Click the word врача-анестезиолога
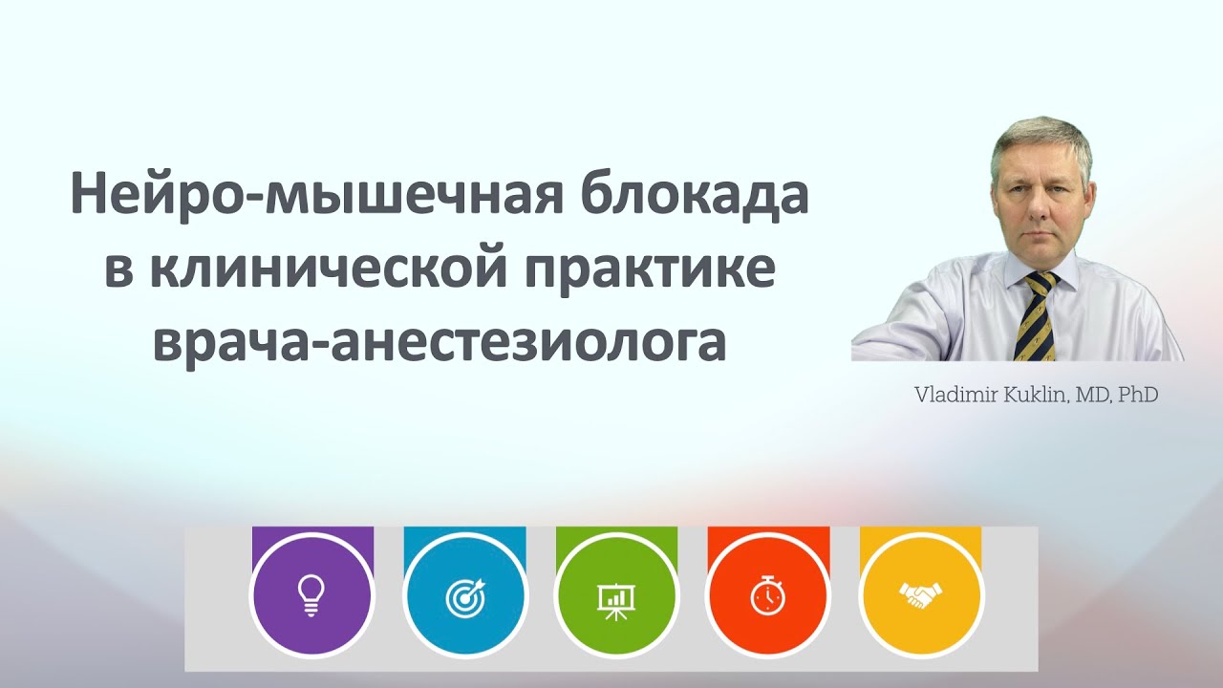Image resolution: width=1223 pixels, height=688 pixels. [x=440, y=342]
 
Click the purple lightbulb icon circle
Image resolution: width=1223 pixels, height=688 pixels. [x=311, y=596]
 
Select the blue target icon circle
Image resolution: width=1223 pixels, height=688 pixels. [x=464, y=596]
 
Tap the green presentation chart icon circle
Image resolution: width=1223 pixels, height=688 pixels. [x=616, y=596]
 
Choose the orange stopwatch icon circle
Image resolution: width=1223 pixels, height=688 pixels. [x=768, y=596]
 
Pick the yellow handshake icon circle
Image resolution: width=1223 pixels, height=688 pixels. [x=920, y=596]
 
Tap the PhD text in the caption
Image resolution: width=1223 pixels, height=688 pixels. [x=1139, y=395]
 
